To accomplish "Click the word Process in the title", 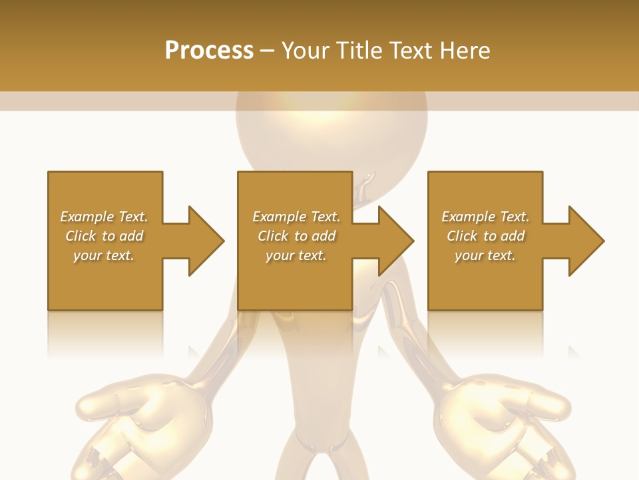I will [x=209, y=50].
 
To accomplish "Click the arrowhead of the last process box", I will [x=586, y=241].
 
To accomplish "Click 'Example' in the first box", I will [x=87, y=217].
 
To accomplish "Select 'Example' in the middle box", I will [x=279, y=217].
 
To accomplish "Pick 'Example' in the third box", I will [x=468, y=217].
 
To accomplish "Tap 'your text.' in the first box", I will [x=104, y=255].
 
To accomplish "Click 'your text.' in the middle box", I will [x=296, y=255].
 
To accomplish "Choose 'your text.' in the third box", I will [x=485, y=255].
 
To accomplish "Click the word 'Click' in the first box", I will [x=81, y=236].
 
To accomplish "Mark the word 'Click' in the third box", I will [x=463, y=236].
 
